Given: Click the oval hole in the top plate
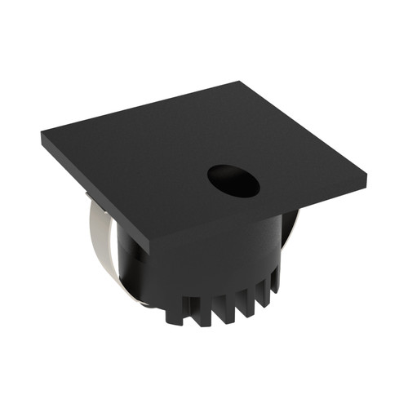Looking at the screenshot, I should click(x=233, y=180).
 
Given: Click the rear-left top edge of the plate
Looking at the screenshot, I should click(x=139, y=109).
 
